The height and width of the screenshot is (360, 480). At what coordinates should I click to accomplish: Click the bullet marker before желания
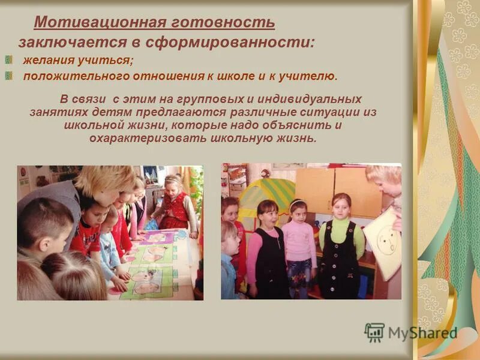tap(9, 60)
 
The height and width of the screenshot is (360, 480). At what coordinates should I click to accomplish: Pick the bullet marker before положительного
tap(9, 76)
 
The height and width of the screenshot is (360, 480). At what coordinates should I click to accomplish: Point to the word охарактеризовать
tap(147, 139)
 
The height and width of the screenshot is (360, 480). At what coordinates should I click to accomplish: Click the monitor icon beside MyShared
tap(374, 332)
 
